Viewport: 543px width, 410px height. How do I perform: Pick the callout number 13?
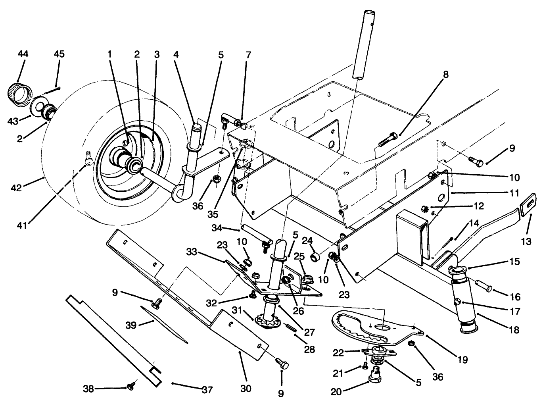(526, 241)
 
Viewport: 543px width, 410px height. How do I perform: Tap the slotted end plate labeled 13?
(527, 208)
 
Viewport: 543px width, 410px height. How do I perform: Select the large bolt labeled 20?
(375, 375)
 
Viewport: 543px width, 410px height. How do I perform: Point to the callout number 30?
(246, 388)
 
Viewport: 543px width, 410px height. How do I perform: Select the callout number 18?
(514, 329)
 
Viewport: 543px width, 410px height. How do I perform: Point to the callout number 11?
(514, 193)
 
